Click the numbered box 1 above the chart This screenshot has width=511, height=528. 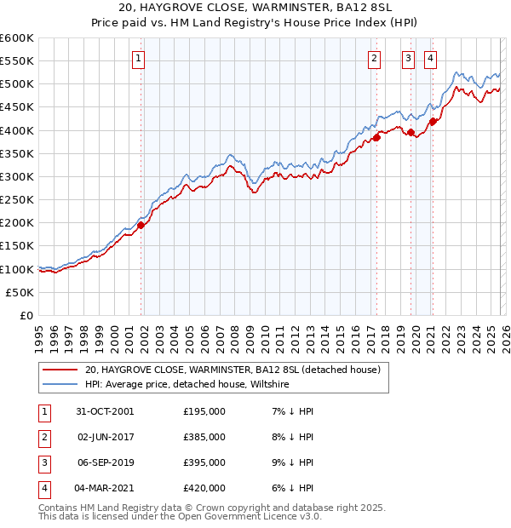point(138,59)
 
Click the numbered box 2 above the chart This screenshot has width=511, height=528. point(374,59)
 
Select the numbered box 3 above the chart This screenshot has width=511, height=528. point(409,59)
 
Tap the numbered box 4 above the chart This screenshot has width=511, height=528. point(431,59)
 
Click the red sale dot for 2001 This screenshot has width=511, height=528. point(141,225)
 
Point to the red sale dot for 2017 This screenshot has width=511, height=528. point(376,137)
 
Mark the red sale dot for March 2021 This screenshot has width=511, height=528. point(433,121)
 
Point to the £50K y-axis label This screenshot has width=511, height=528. point(20,292)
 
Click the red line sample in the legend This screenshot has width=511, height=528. point(60,370)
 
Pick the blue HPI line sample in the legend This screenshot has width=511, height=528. point(60,385)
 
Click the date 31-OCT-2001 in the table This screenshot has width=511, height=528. point(104,411)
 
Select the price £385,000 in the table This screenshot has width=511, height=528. point(204,437)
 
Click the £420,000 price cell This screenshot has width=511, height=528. point(204,488)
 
